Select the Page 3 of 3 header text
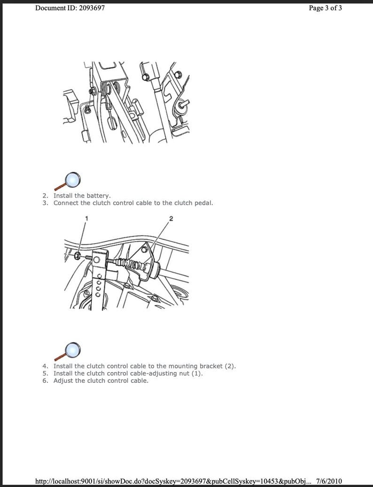click(325, 8)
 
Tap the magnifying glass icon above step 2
click(69, 180)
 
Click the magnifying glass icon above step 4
click(69, 350)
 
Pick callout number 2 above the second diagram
click(171, 219)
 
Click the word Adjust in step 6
click(63, 380)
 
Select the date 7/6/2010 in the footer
click(329, 481)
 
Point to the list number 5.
click(46, 373)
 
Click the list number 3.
click(46, 203)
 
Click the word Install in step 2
click(63, 196)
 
